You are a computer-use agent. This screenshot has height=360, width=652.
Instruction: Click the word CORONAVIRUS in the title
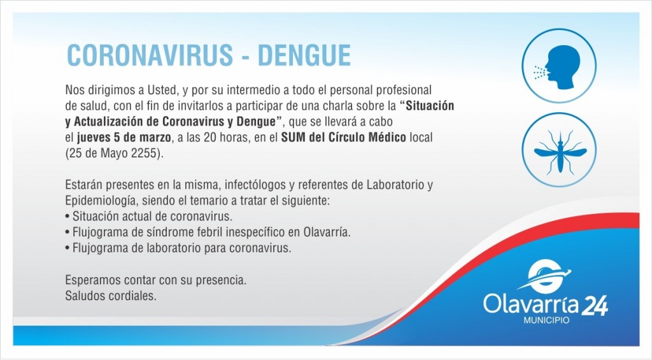pos(150,55)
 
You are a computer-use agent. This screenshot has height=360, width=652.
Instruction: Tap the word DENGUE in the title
pos(304,55)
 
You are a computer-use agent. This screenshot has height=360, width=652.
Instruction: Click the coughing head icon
pos(559,66)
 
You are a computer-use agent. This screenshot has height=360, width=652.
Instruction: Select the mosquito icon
pos(559,150)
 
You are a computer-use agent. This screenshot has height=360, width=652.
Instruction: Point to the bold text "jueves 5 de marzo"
pos(124,138)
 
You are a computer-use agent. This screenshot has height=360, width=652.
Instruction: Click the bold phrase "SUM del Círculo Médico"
pos(343,138)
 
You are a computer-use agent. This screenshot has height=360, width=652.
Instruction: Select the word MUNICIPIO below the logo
pos(546,320)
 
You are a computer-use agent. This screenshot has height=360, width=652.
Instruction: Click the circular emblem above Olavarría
pos(545,276)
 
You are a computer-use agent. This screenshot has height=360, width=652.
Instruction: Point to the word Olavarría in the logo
pos(530,305)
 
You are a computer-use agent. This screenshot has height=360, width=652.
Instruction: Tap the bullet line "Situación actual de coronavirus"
pos(149,217)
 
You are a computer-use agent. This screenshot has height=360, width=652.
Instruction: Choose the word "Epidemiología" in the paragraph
pos(101,201)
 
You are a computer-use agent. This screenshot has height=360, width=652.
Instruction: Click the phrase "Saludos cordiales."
pos(111,296)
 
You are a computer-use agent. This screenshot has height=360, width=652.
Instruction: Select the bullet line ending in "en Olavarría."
pos(208,232)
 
